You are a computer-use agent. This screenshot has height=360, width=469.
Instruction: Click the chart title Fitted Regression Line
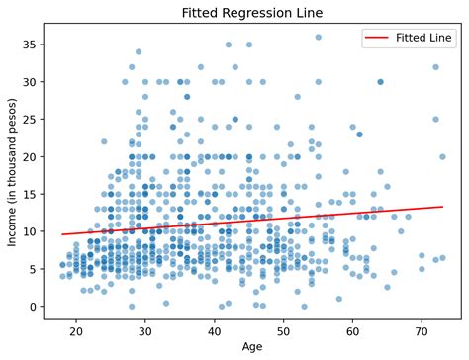[x=252, y=11]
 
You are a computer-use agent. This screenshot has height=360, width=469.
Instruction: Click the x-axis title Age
[x=252, y=347]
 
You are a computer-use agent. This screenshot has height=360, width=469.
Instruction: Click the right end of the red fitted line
[x=442, y=207]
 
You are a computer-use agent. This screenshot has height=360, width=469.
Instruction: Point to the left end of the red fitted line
[x=61, y=234]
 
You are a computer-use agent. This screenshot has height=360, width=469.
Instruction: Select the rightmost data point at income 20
[x=442, y=157]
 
